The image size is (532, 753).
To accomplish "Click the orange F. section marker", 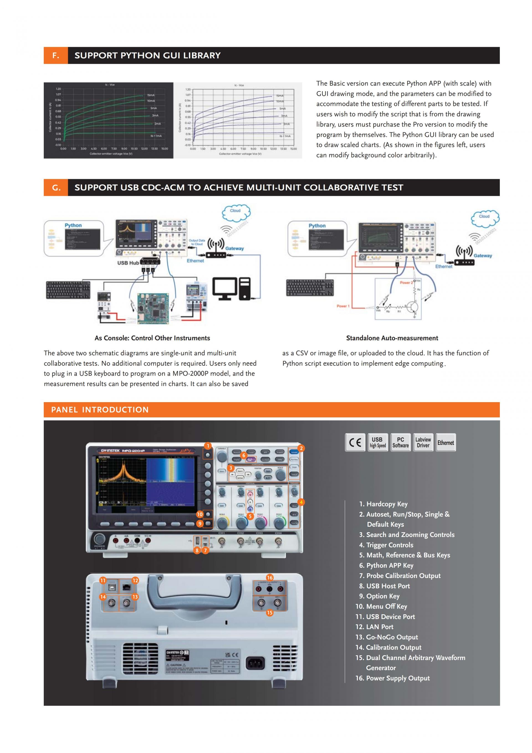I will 56,55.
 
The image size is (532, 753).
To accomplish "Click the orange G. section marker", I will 56,187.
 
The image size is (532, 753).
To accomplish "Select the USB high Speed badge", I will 378,442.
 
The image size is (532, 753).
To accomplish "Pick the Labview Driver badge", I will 423,442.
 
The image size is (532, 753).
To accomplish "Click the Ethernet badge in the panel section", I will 446,443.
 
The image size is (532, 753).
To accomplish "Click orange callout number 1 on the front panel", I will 208,446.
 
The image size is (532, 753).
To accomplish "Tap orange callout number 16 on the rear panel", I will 270,577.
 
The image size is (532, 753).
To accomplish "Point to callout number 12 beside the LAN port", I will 135,580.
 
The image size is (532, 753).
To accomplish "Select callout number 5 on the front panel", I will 250,516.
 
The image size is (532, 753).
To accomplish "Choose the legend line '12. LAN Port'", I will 374,627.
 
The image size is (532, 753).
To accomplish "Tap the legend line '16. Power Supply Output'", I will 392,678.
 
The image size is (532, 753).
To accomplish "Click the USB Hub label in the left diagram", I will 128,263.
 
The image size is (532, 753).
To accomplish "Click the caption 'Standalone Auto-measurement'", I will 392,338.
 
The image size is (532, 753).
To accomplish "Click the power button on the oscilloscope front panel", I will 99,539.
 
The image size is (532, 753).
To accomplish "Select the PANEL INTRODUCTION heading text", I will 100,410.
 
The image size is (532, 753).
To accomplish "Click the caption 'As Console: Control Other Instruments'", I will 152,338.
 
